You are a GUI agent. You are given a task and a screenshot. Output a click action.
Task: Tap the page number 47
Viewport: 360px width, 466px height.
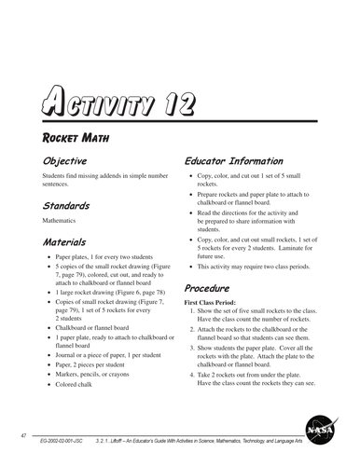22,435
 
